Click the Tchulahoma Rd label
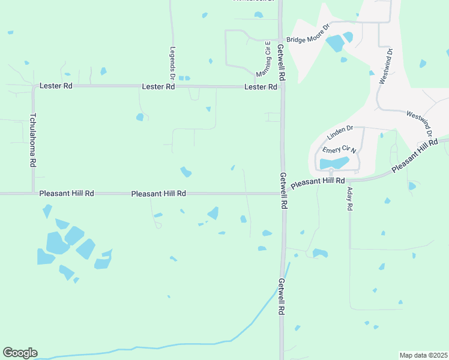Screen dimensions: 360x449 coord(34,140)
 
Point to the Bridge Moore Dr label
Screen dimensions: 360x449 coord(308,40)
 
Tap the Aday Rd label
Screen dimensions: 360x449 coord(349,199)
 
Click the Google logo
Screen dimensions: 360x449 coord(20,353)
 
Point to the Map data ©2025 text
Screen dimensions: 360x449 coord(423,355)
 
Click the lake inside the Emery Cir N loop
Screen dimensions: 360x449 coord(334,163)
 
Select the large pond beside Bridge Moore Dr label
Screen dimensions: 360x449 coord(335,43)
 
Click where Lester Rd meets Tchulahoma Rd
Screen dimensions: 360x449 coord(33,86)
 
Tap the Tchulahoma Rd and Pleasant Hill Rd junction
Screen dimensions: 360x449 coord(33,193)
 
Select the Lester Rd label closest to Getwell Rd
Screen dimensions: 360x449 coord(261,87)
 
